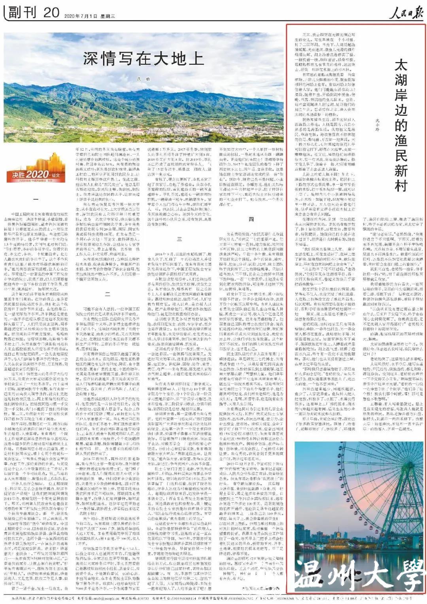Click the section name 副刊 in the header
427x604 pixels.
pos(23,13)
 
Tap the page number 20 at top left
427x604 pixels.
pos(51,13)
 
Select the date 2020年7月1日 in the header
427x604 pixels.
pos(78,16)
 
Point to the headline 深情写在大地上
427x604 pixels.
pos(143,59)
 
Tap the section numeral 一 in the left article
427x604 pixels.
pos(36,199)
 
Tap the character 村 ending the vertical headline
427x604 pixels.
pos(400,184)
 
